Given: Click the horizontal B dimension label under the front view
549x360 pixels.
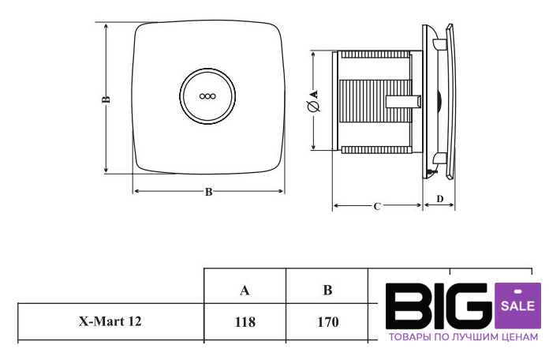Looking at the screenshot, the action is point(208,192).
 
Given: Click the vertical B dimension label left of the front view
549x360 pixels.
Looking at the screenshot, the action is point(106,99).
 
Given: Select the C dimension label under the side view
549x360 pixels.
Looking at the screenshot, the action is point(377,207).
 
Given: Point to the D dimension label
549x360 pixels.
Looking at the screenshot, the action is point(440,199).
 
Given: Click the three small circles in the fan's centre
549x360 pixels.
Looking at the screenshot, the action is point(207,96).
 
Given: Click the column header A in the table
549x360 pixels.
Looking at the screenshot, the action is point(245,291).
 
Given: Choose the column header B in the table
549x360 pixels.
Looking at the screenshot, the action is point(327,291).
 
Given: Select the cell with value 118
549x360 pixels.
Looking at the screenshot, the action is point(245,322).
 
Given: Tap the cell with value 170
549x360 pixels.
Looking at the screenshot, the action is point(327,322).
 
